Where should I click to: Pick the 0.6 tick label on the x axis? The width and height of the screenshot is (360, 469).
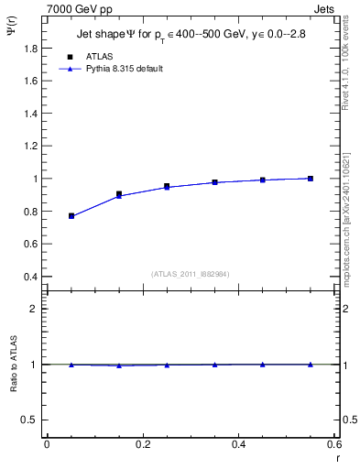click(x=334, y=443)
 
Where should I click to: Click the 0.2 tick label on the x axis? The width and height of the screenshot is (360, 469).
click(x=142, y=443)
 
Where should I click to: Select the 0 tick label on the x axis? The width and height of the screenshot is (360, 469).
click(x=47, y=443)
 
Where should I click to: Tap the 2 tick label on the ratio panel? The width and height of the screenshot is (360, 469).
click(x=34, y=309)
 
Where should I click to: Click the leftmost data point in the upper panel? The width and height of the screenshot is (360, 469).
click(x=71, y=215)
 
